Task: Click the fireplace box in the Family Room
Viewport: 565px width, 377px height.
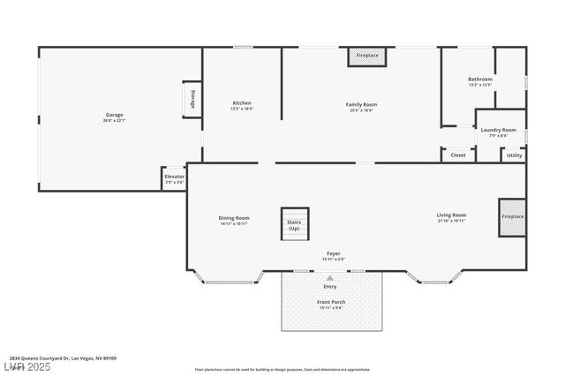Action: pos(367,56)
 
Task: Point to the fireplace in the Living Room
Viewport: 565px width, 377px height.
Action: pos(512,217)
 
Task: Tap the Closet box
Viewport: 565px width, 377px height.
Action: pos(457,155)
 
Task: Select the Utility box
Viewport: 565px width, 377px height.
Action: pos(514,155)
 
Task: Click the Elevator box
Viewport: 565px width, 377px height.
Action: pos(174,178)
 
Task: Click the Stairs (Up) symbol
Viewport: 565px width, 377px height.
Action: pos(293,223)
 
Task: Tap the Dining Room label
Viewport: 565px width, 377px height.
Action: pos(234,220)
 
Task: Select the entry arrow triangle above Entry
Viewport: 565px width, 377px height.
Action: pos(330,277)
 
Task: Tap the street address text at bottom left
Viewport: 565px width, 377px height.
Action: pos(64,358)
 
